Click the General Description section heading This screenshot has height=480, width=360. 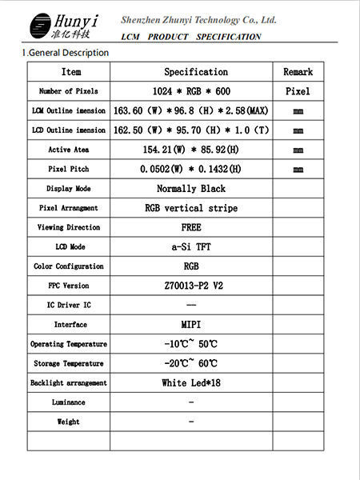click(66, 53)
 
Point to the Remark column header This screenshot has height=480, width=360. click(298, 72)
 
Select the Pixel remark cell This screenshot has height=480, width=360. click(298, 91)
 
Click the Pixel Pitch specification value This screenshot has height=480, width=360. click(190, 169)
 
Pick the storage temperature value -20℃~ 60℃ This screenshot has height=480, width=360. click(190, 363)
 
